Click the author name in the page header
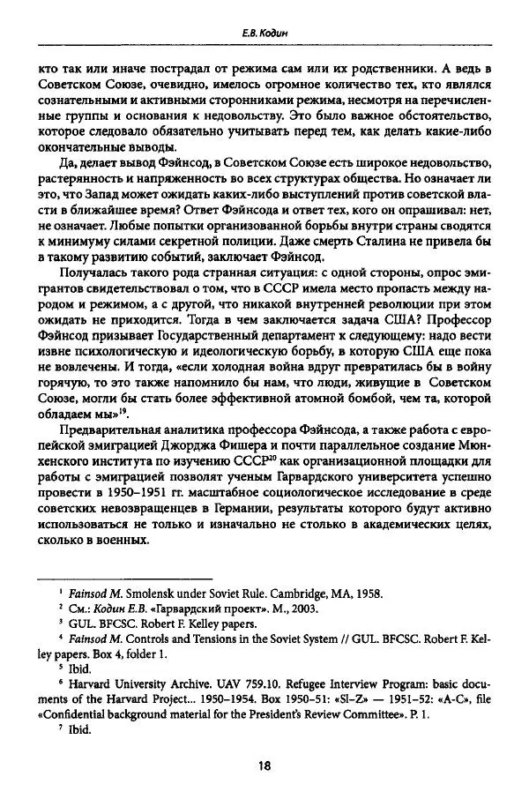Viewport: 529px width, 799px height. tap(266, 34)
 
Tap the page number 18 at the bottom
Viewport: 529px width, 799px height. tap(264, 765)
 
